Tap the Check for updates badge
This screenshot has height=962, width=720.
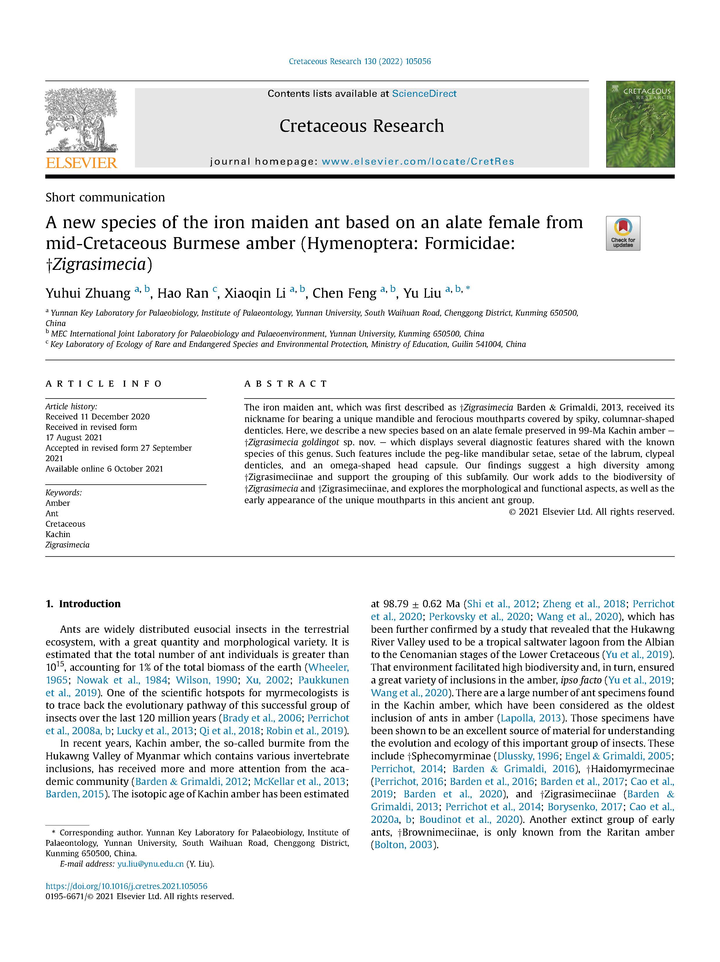622,233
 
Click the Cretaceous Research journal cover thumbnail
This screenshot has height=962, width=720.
640,124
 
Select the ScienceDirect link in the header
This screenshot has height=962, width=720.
424,94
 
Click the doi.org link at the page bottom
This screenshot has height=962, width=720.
126,886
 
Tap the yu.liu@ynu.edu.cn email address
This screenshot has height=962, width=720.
150,864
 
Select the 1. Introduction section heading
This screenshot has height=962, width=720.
83,604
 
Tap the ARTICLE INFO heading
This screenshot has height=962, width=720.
104,383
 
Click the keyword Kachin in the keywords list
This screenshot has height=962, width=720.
58,534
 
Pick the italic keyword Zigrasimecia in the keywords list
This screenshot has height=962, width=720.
67,545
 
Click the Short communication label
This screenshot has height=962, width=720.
105,197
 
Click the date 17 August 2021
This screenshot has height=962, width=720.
74,437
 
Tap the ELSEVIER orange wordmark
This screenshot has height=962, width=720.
81,163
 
